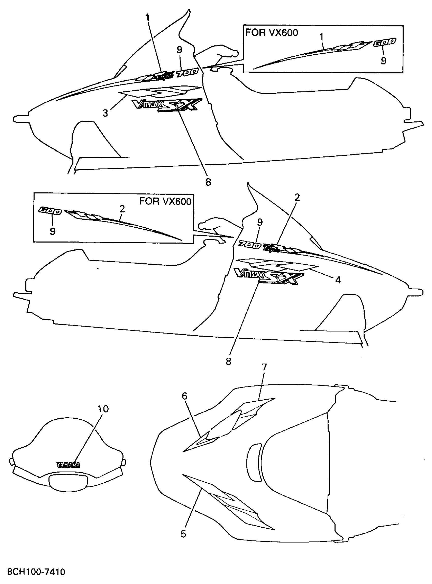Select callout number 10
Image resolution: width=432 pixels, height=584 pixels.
(103, 409)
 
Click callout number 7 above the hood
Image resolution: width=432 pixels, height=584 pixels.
(264, 367)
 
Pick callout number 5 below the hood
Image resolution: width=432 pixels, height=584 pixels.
(183, 534)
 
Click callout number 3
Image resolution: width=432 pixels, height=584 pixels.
(105, 113)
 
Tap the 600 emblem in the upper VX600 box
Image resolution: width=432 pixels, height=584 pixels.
(384, 42)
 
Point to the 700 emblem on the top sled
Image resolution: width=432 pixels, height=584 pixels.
(187, 73)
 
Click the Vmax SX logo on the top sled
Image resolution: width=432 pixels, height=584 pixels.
(167, 105)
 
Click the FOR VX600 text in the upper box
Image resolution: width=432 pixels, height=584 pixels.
(271, 33)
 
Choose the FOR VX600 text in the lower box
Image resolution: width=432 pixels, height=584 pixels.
(165, 201)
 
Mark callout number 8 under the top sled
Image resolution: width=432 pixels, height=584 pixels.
(208, 182)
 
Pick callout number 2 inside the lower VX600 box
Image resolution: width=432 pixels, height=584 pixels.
(122, 209)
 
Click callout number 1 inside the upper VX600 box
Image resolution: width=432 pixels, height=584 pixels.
(322, 37)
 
